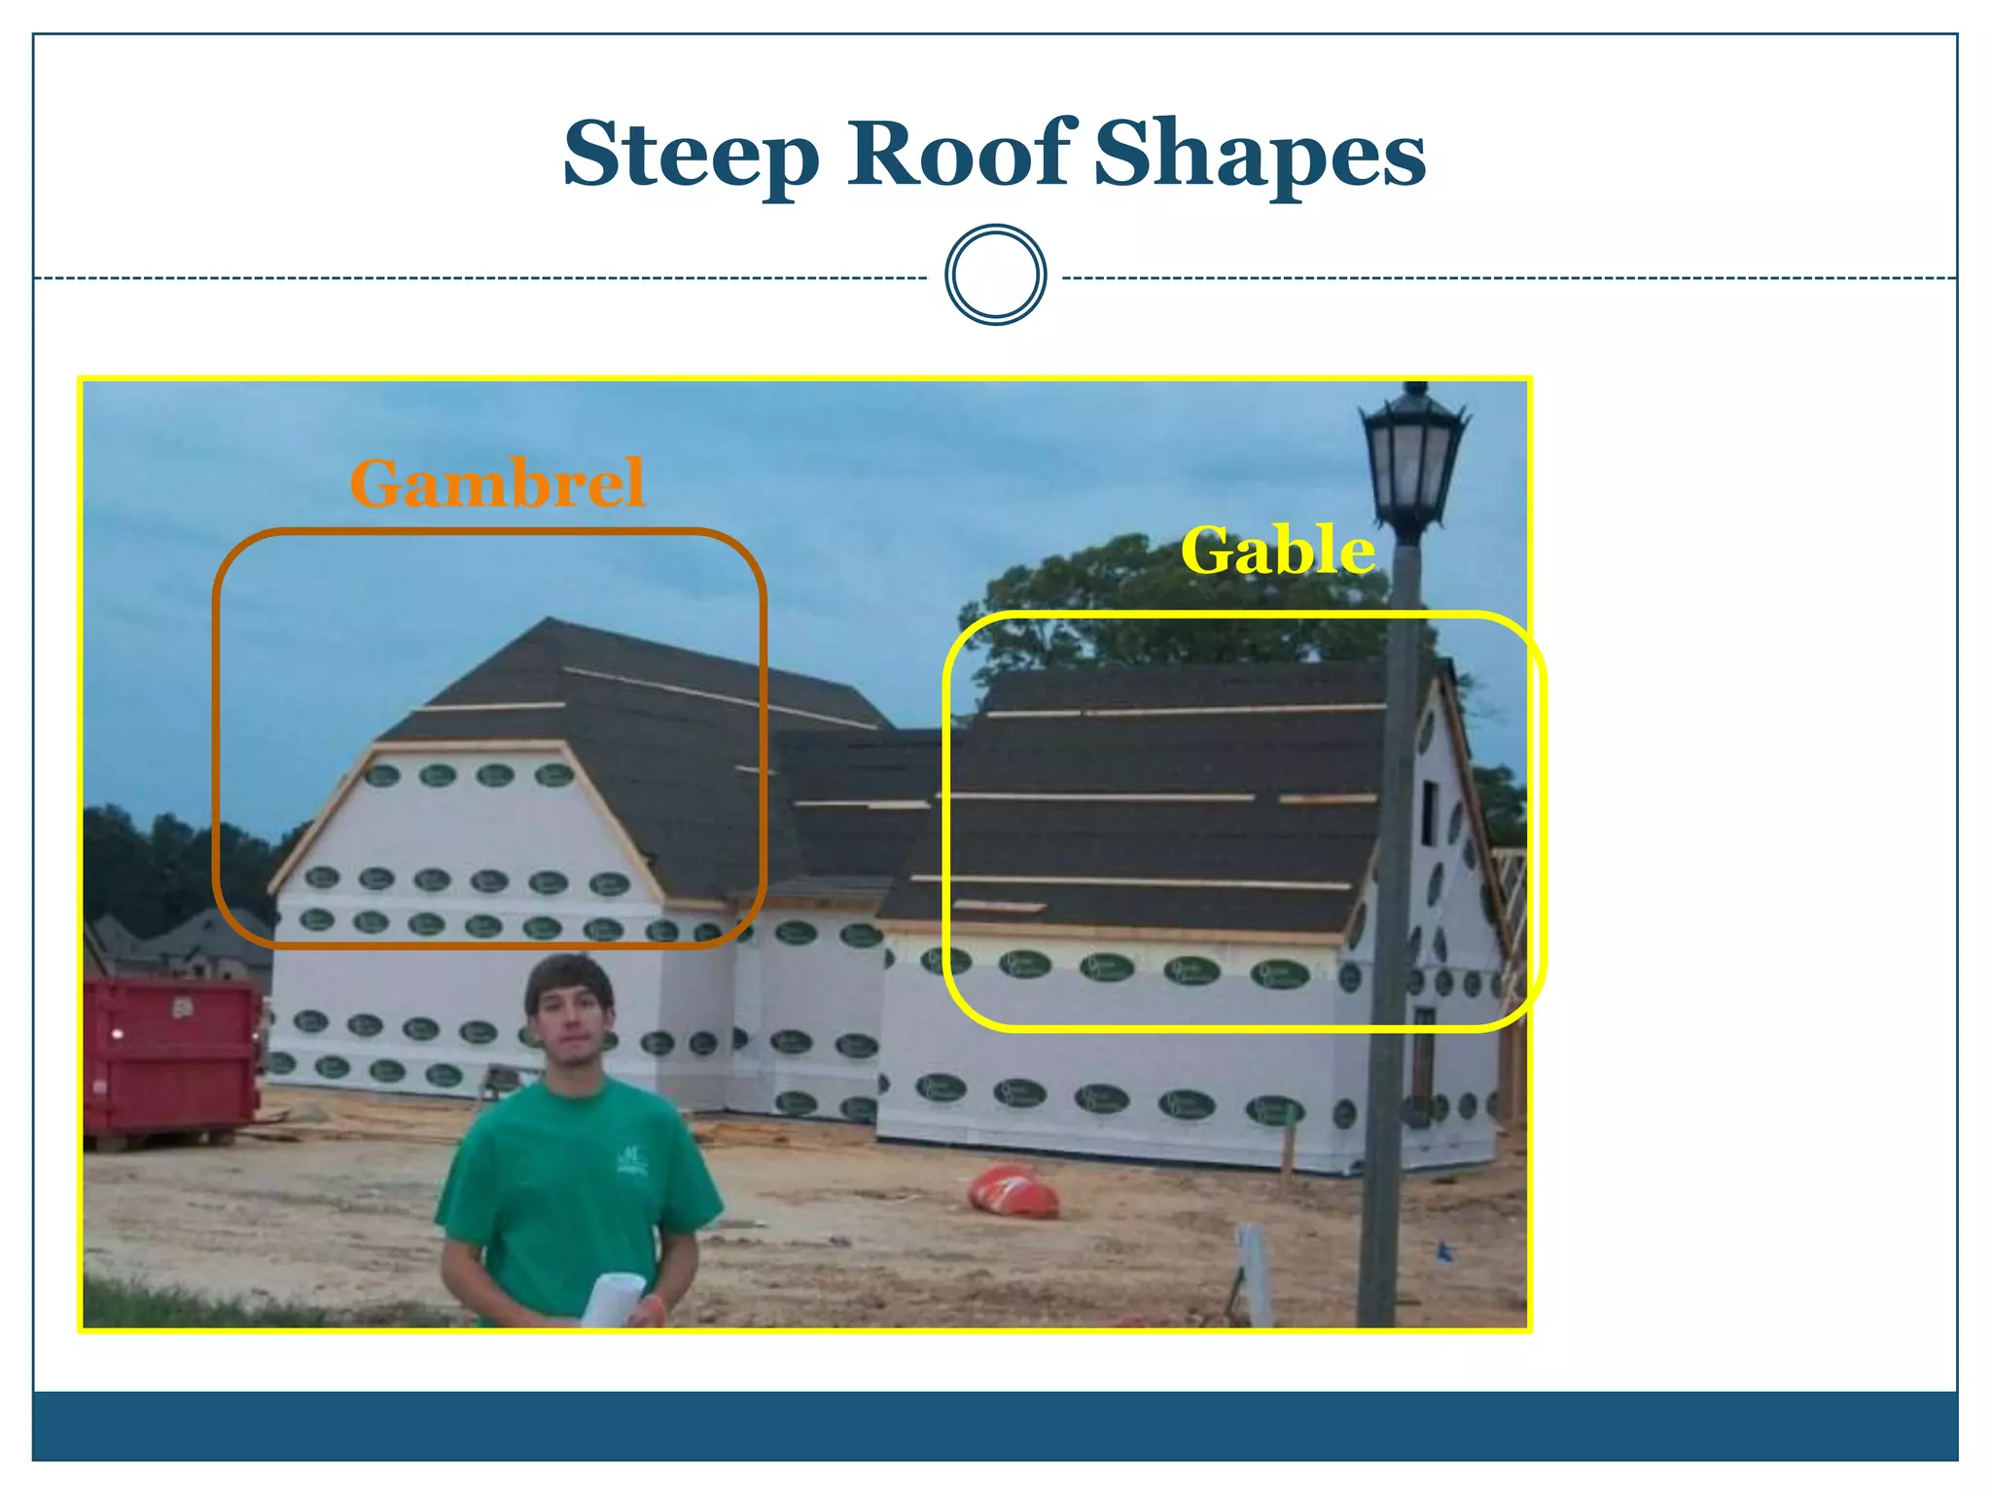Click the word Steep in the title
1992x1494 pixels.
pyautogui.click(x=691, y=156)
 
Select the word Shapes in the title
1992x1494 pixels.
pyautogui.click(x=1259, y=156)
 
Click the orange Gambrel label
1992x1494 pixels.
pyautogui.click(x=497, y=483)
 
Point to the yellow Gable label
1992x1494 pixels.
pyautogui.click(x=1277, y=551)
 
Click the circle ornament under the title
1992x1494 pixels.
pyautogui.click(x=995, y=275)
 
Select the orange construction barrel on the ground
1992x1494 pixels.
pyautogui.click(x=1013, y=1192)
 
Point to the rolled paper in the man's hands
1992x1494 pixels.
pyautogui.click(x=613, y=1299)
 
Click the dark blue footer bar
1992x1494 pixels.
pyautogui.click(x=994, y=1425)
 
